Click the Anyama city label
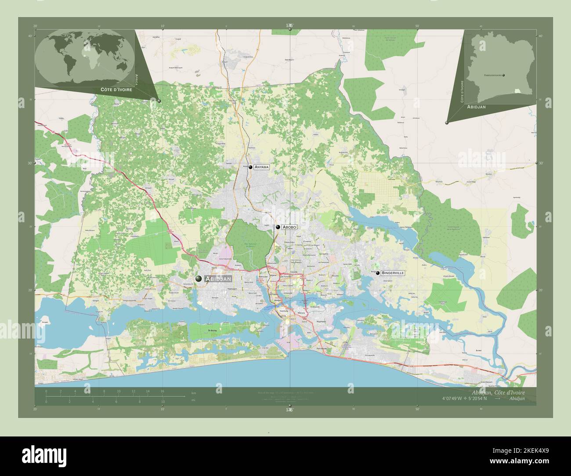pyautogui.click(x=261, y=167)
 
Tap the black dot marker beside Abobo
pyautogui.click(x=278, y=227)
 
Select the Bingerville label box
pyautogui.click(x=393, y=273)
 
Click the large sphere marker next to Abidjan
pyautogui.click(x=199, y=278)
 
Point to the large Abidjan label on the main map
pyautogui.click(x=218, y=278)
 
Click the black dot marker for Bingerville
pyautogui.click(x=378, y=273)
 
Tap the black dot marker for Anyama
pyautogui.click(x=250, y=167)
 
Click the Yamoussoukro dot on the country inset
pyautogui.click(x=503, y=75)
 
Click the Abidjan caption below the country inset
pyautogui.click(x=479, y=107)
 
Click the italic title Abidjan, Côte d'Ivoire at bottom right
pyautogui.click(x=497, y=392)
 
